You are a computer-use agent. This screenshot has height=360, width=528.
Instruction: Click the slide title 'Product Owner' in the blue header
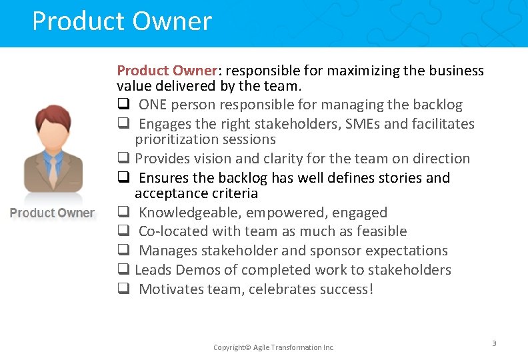pos(121,21)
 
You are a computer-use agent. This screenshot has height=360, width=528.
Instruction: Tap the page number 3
pos(494,343)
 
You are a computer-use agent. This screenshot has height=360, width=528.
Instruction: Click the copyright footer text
pos(273,347)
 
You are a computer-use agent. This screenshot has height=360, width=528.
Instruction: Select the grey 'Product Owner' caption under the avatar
pos(52,213)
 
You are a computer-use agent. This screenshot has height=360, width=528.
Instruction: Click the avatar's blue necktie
pos(53,169)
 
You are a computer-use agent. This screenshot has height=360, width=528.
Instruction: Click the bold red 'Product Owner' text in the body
pos(167,71)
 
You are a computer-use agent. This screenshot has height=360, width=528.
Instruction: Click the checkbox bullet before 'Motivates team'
pos(123,289)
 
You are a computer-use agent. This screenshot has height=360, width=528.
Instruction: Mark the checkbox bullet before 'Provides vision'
pos(123,159)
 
